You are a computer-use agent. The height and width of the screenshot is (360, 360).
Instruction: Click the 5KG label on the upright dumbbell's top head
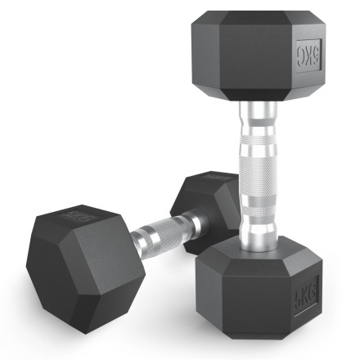(x=308, y=56)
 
